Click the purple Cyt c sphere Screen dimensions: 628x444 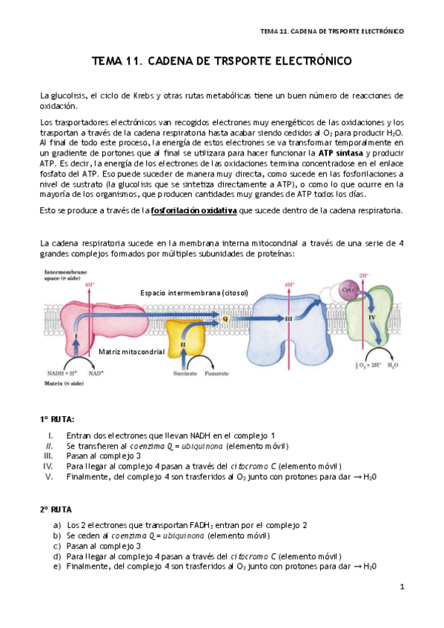coord(347,291)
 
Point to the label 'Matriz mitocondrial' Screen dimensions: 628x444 coord(131,352)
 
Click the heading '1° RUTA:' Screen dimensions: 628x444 coord(57,419)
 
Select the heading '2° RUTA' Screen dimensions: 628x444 coord(56,510)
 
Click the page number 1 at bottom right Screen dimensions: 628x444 coord(401,587)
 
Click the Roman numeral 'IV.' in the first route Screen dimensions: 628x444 coord(48,467)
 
